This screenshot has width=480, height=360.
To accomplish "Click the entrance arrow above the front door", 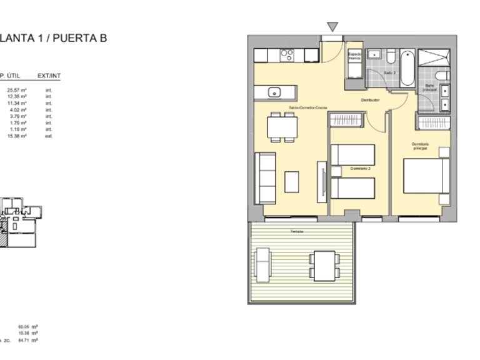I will tap(333, 27).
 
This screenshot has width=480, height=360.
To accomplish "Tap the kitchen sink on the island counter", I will tap(274, 92).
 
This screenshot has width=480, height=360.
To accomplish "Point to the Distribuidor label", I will tap(371, 100).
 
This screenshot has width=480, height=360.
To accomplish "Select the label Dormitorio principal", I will tap(420, 148).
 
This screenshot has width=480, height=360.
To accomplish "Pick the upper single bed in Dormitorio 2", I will tap(352, 154).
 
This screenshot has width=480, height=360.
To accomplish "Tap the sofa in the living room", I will tap(266, 177).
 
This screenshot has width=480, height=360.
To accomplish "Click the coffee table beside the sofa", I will tap(292, 181).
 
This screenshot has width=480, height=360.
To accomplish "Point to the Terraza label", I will tap(296, 232).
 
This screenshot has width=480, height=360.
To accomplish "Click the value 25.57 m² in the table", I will tap(17, 91).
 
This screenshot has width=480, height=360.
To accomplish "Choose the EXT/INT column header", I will tap(49, 76).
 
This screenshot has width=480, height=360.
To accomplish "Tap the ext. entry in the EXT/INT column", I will tap(49, 136).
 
